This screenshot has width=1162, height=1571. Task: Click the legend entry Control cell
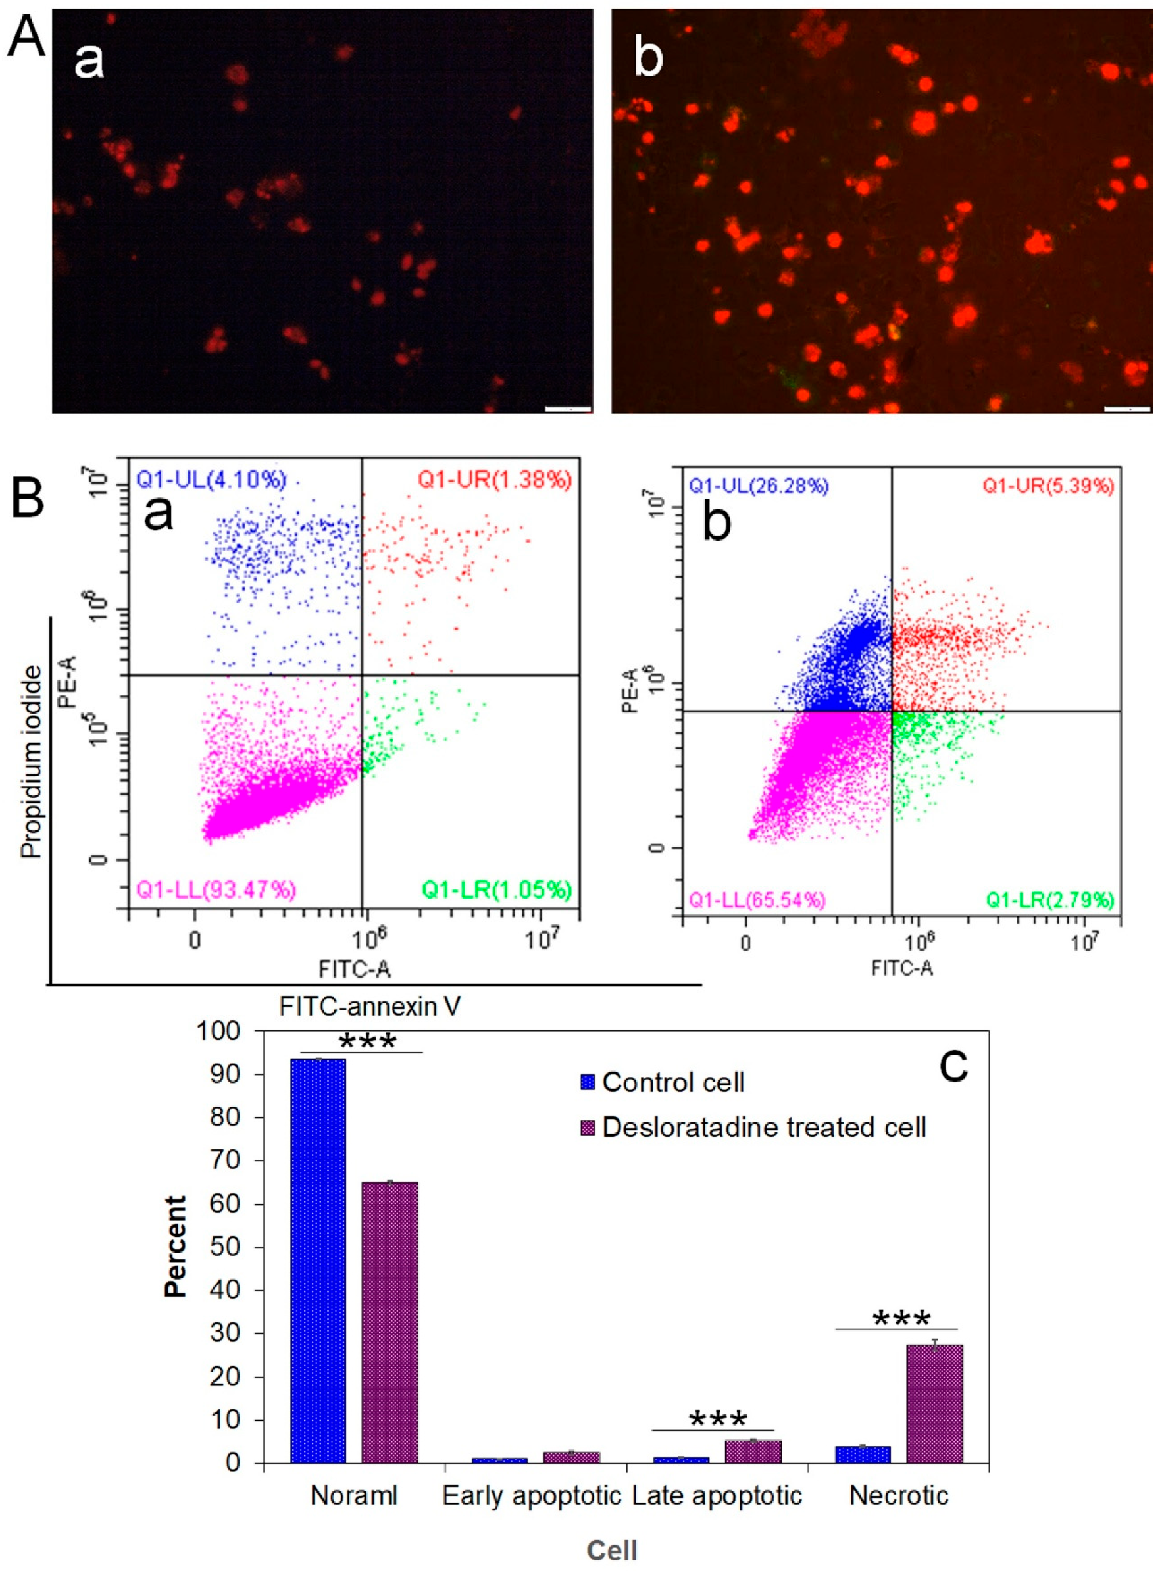click(672, 1082)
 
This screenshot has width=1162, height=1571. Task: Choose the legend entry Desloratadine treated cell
click(764, 1128)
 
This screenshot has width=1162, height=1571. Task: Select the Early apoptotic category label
click(532, 1496)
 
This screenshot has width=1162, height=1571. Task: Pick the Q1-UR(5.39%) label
click(1048, 486)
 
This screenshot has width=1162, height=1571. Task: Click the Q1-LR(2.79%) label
click(1049, 899)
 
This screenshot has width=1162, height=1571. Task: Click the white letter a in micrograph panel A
click(90, 60)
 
